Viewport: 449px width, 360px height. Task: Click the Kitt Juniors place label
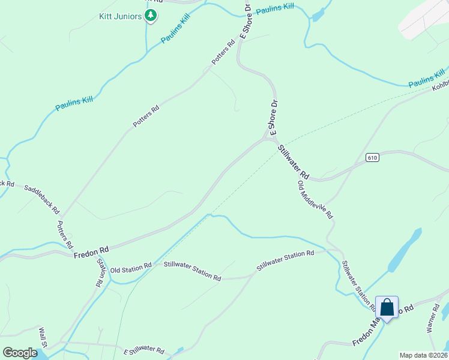point(120,16)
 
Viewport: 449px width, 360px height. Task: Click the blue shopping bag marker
point(387,308)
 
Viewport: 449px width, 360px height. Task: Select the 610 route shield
point(372,158)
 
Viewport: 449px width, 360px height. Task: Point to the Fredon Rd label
point(91,252)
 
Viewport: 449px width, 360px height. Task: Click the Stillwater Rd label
point(294,160)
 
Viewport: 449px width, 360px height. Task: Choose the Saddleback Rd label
point(41,199)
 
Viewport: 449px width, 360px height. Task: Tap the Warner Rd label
point(433,319)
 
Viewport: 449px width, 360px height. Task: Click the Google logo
point(20,352)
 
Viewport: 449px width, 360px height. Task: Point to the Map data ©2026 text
point(423,355)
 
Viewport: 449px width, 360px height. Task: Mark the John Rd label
point(101,274)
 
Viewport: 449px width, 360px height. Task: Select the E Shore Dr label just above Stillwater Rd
point(273,117)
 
